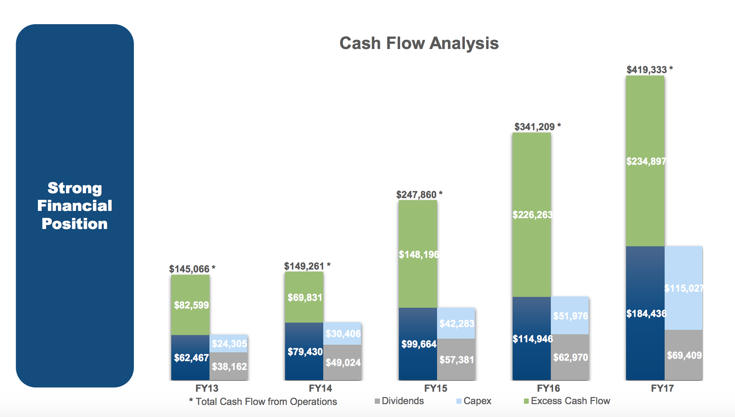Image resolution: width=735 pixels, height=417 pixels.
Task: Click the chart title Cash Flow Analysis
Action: [419, 43]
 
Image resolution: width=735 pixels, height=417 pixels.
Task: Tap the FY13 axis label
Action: [207, 388]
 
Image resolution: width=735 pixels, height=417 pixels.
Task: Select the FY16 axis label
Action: [548, 388]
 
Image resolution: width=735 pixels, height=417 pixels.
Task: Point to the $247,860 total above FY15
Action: [417, 195]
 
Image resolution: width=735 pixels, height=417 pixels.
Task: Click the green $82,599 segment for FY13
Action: [191, 305]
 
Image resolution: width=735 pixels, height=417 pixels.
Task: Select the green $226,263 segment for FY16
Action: [532, 215]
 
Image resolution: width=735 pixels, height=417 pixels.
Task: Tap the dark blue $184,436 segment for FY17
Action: [645, 313]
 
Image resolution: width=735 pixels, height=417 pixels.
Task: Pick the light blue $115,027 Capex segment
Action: [684, 288]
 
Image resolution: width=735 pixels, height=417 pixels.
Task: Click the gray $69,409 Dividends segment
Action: [684, 355]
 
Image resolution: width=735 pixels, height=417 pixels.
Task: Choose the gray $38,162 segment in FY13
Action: [229, 366]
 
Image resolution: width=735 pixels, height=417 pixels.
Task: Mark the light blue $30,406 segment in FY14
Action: [343, 333]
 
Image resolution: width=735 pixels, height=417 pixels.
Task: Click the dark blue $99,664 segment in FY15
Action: [418, 344]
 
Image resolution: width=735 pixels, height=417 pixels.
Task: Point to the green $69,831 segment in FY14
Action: [304, 298]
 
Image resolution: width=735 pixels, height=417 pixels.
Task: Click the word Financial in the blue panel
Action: [75, 206]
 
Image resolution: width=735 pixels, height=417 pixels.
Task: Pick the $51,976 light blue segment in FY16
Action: [570, 316]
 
